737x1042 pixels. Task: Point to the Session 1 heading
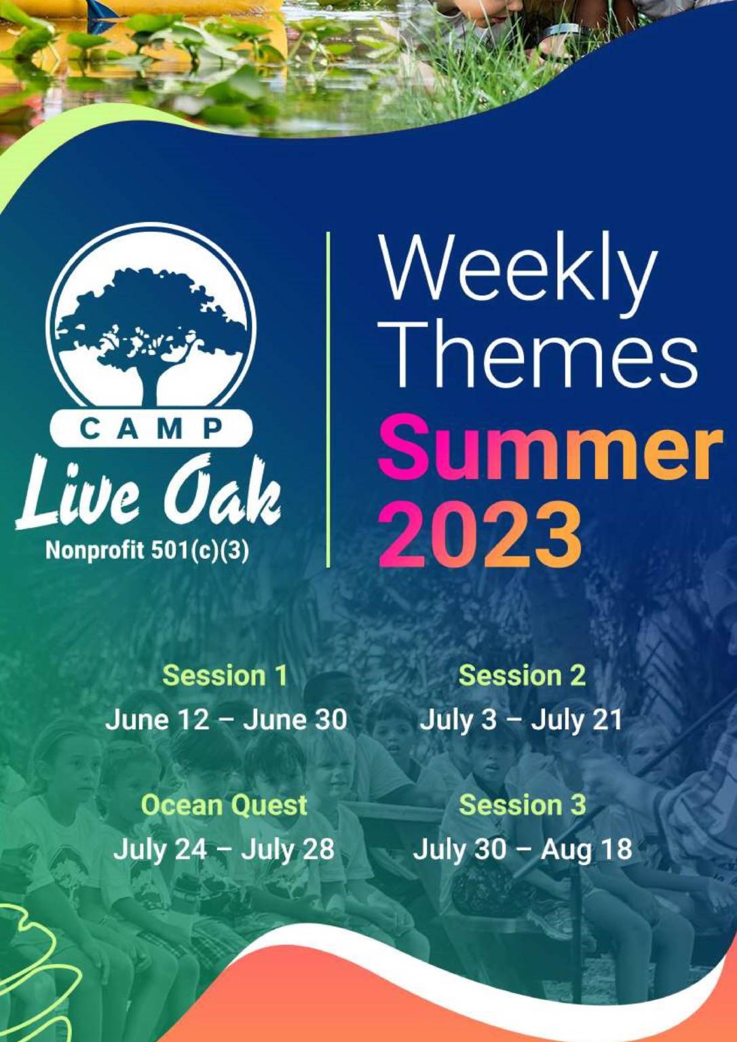point(225,676)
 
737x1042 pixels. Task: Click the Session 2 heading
point(521,676)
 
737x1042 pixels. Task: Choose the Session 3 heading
point(521,805)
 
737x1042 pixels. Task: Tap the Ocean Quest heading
point(224,805)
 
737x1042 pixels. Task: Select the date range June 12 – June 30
point(226,719)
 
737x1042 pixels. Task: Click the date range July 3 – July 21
point(521,719)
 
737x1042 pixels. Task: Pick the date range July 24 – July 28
point(224,849)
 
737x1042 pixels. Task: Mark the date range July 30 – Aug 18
point(523,849)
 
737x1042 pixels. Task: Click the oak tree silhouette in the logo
point(151,326)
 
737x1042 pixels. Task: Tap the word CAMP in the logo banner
point(151,429)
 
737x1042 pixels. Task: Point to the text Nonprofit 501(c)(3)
point(147,549)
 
